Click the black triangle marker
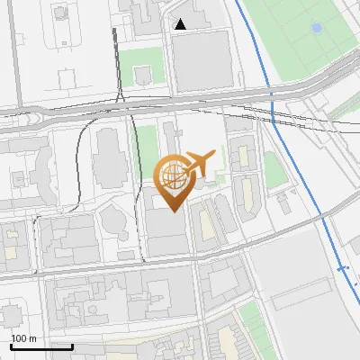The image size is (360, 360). click(181, 24)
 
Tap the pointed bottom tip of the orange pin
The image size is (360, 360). click(174, 211)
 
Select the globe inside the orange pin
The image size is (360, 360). click(174, 175)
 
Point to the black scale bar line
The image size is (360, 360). click(41, 346)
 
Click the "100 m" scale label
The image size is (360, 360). click(23, 338)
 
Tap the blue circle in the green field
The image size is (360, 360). click(316, 28)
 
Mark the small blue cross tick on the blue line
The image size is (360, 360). click(342, 267)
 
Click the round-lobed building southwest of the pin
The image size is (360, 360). click(114, 220)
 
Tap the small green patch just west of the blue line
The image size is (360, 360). click(272, 169)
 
